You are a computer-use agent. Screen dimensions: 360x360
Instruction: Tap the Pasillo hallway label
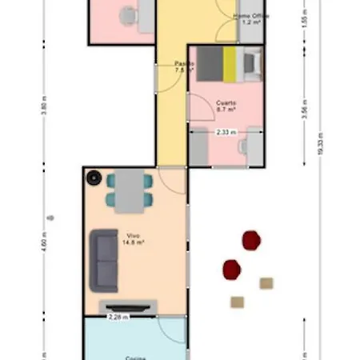pyautogui.click(x=185, y=66)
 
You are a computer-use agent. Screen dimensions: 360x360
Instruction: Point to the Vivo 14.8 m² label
pyautogui.click(x=133, y=238)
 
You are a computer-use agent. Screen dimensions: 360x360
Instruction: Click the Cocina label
pyautogui.click(x=134, y=358)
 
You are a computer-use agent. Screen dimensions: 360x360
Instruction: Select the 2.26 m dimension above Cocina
pyautogui.click(x=118, y=317)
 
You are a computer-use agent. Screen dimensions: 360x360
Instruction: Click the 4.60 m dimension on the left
pyautogui.click(x=44, y=241)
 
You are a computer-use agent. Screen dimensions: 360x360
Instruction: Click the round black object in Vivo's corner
pyautogui.click(x=94, y=178)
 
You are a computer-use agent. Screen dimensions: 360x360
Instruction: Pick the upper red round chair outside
pyautogui.click(x=251, y=240)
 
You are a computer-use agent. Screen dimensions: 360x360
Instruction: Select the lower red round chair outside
pyautogui.click(x=232, y=269)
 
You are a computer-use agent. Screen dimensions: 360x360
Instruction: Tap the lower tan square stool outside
pyautogui.click(x=237, y=302)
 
